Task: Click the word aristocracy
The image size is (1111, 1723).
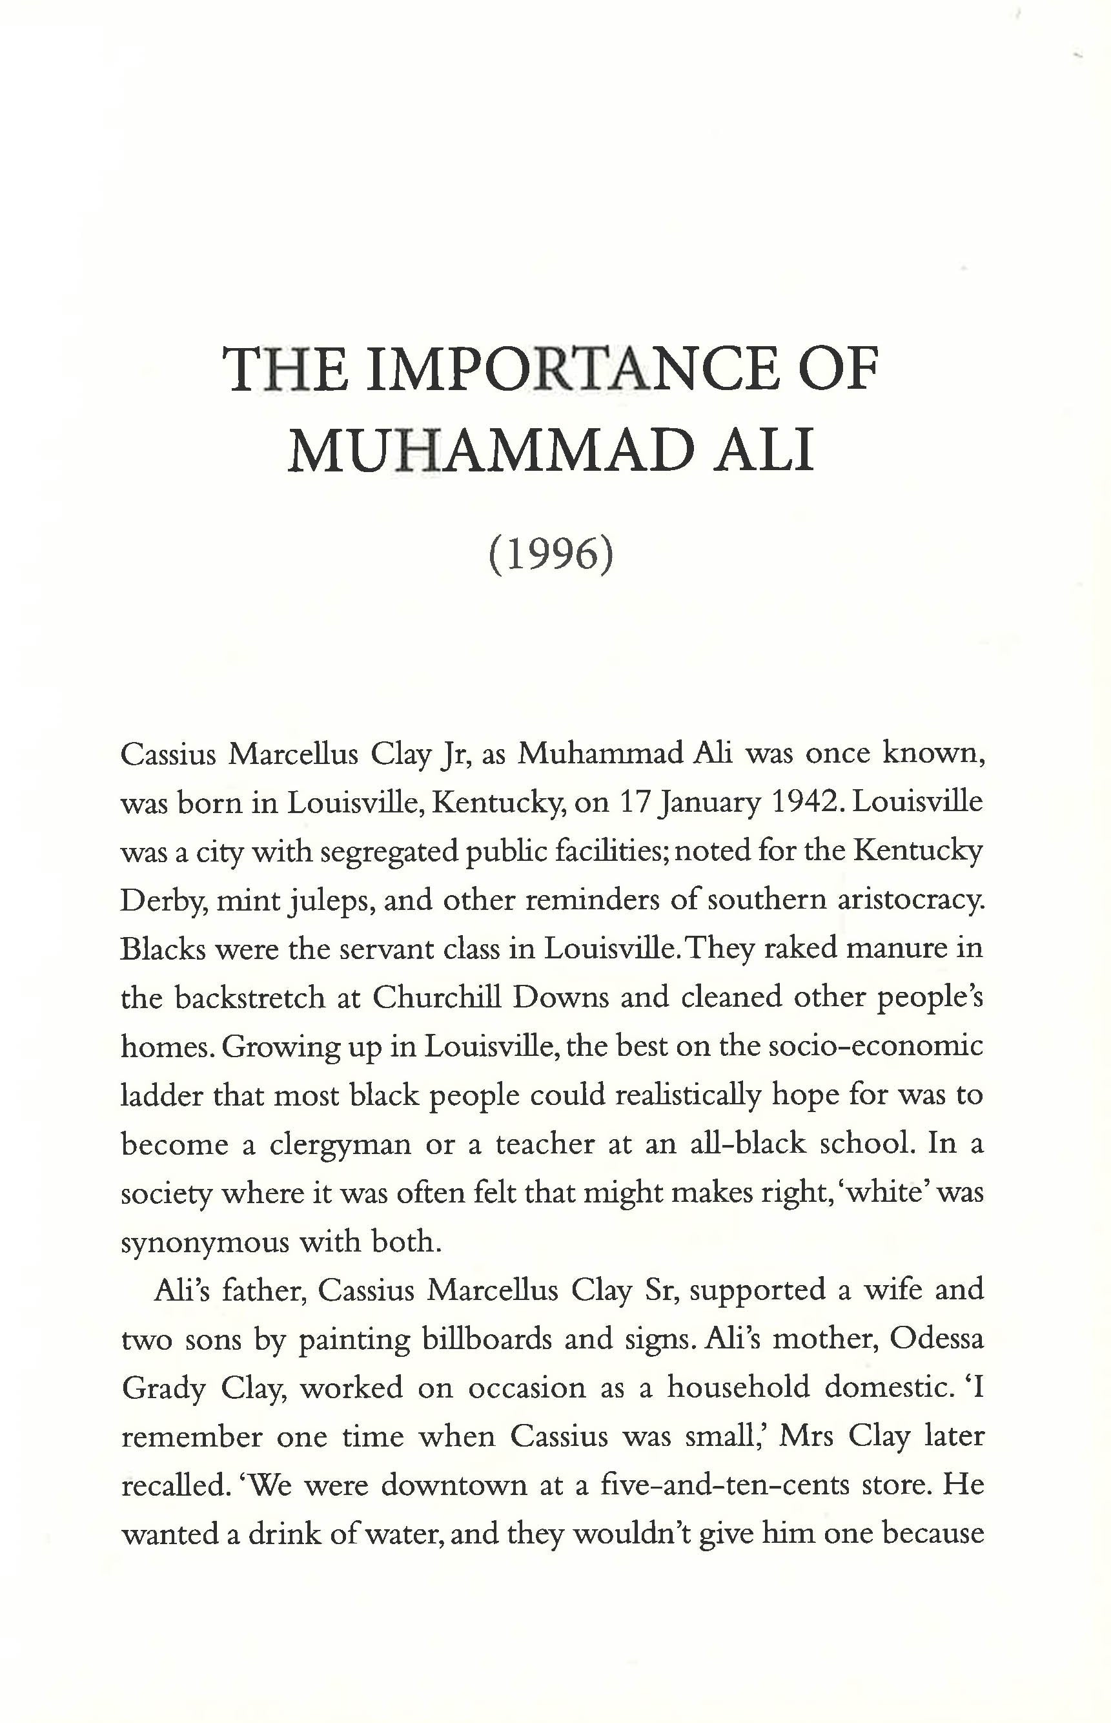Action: tap(911, 900)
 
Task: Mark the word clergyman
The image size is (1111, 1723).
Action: tap(340, 1144)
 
